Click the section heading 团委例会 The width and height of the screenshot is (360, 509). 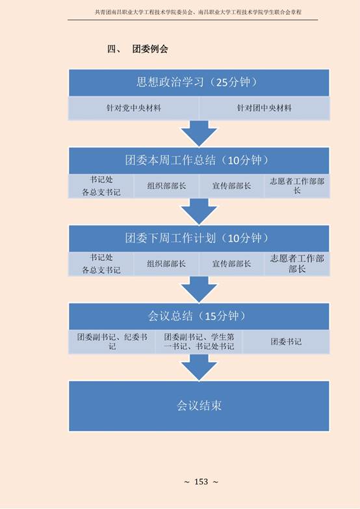[150, 49]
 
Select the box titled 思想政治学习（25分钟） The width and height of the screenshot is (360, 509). [199, 83]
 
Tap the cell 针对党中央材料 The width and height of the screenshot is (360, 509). [134, 108]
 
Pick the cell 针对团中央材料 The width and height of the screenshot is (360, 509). [264, 108]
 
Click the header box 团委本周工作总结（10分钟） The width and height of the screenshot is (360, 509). [199, 161]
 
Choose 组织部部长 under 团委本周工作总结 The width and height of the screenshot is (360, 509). [166, 186]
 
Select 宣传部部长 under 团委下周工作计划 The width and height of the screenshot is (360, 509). [231, 263]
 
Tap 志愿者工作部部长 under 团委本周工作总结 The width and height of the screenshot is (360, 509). [297, 186]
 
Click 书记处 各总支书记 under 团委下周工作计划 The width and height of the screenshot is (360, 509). [101, 263]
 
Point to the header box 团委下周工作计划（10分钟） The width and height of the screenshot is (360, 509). [199, 239]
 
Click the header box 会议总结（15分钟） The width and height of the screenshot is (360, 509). [199, 316]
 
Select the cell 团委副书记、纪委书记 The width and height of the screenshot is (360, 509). [112, 342]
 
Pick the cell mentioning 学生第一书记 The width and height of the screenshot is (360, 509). [199, 342]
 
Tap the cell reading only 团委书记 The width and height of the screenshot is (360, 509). [286, 342]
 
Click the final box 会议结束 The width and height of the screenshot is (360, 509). [199, 406]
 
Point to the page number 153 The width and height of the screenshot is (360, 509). [201, 482]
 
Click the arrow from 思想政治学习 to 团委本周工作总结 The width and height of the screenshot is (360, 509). [199, 134]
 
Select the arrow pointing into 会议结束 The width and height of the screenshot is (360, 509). [199, 367]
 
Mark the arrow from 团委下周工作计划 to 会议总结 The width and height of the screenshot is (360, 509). [199, 289]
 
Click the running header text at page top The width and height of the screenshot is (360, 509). [198, 12]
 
